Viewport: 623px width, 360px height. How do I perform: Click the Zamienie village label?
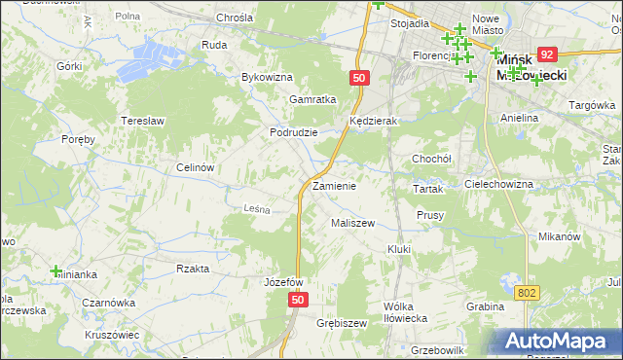pyautogui.click(x=334, y=186)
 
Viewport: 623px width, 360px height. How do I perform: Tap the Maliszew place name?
pyautogui.click(x=352, y=223)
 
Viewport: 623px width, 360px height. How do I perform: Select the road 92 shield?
pyautogui.click(x=547, y=55)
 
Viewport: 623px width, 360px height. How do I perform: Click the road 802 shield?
pyautogui.click(x=528, y=293)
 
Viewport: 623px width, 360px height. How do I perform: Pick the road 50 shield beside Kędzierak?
pyautogui.click(x=360, y=76)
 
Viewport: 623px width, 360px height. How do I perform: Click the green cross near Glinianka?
pyautogui.click(x=56, y=271)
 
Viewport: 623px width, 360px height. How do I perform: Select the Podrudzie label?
pyautogui.click(x=294, y=132)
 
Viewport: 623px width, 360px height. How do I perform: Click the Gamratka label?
pyautogui.click(x=312, y=99)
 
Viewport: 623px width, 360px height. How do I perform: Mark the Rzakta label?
pyautogui.click(x=193, y=269)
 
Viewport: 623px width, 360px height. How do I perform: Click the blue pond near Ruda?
pyautogui.click(x=161, y=54)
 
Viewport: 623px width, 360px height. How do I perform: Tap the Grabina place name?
pyautogui.click(x=484, y=306)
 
